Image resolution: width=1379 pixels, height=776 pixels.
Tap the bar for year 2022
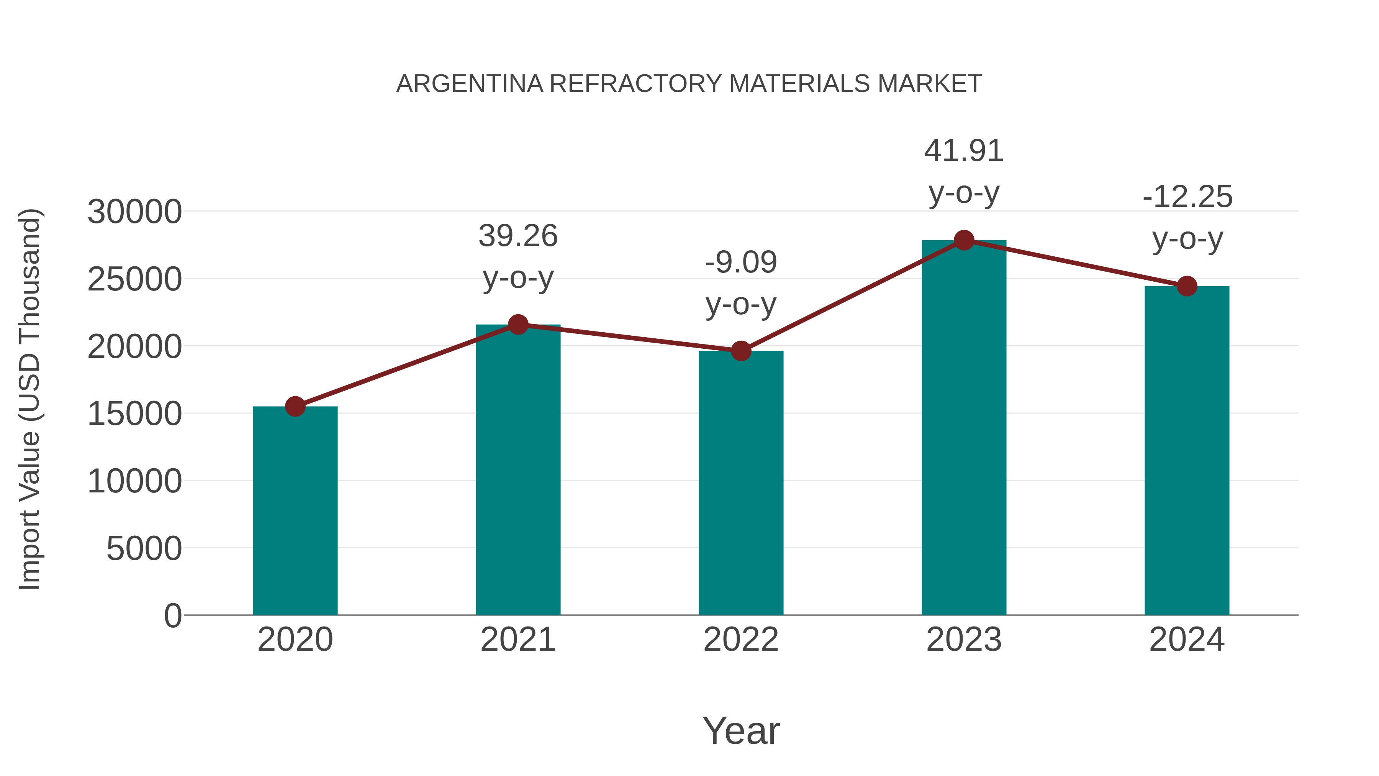[x=741, y=482]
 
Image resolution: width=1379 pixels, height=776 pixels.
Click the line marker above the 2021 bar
[x=518, y=325]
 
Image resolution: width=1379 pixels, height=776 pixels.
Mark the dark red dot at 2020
[x=295, y=407]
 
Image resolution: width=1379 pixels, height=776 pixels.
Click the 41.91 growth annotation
[x=964, y=151]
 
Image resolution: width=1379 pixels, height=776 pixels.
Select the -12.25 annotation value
[x=1187, y=197]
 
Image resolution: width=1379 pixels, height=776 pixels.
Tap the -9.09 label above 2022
[x=741, y=262]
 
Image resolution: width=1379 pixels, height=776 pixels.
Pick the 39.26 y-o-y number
[x=518, y=236]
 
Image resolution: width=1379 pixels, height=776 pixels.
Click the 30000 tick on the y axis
[x=134, y=212]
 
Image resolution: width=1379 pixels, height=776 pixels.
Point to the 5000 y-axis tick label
[x=144, y=548]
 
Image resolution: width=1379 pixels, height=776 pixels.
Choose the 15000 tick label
[x=134, y=414]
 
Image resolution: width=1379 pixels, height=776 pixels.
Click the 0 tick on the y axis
[x=172, y=616]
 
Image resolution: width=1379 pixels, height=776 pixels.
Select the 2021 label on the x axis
[x=518, y=640]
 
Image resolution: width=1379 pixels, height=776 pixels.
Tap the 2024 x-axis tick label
[x=1187, y=640]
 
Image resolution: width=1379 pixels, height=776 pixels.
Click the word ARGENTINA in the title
[x=470, y=84]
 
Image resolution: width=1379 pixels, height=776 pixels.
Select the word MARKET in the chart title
[x=929, y=84]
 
